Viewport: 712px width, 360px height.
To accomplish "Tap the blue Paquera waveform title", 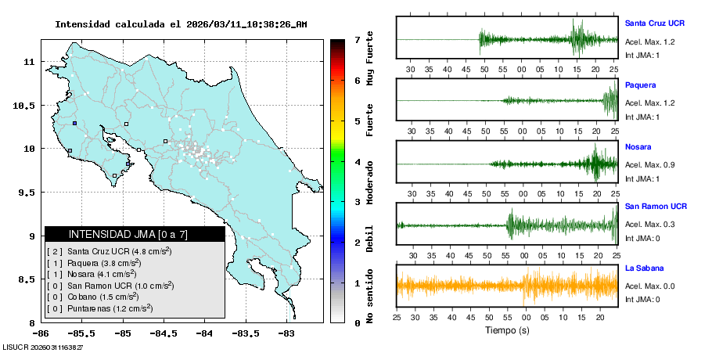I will [x=641, y=85].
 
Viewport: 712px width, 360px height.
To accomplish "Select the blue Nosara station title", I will [x=638, y=146].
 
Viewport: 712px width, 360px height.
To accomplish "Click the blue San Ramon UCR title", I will [x=656, y=207].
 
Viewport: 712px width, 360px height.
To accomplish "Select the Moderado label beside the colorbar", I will [x=369, y=183].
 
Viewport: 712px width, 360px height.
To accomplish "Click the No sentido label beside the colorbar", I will [x=369, y=295].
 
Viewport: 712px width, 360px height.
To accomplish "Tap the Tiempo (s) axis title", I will [x=505, y=331].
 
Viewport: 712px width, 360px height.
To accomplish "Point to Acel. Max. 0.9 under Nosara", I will [x=649, y=164].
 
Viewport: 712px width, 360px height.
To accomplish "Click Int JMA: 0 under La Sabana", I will [x=642, y=299].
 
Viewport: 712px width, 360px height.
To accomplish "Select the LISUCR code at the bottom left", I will [x=43, y=346].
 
